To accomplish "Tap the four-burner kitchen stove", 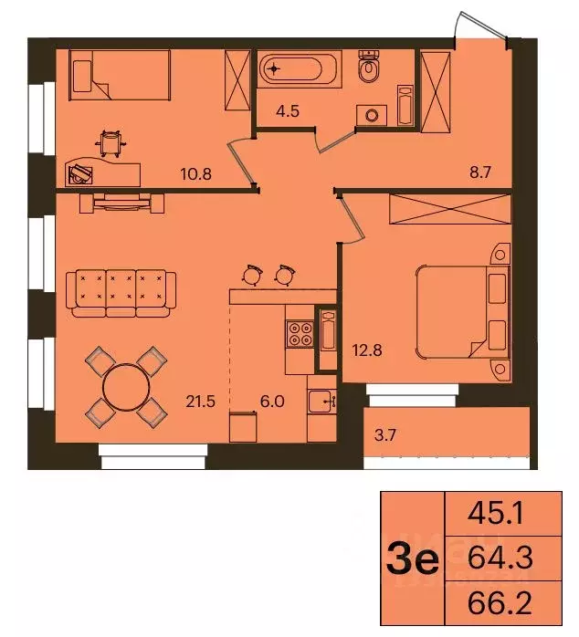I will pyautogui.click(x=300, y=335).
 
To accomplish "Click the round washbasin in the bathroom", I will pyautogui.click(x=370, y=114).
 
